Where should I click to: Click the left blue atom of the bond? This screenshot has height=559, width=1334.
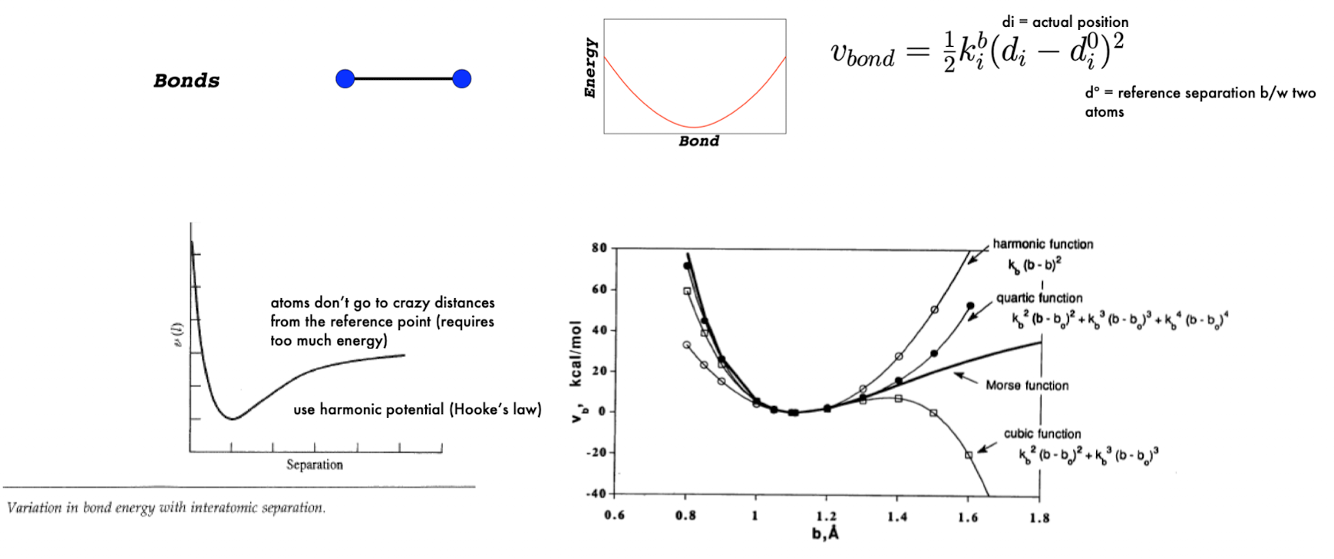click(345, 78)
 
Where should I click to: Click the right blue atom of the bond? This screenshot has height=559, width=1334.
click(461, 78)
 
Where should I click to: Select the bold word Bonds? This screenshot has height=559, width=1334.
click(187, 81)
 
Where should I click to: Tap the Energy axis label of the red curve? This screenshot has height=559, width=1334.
click(590, 68)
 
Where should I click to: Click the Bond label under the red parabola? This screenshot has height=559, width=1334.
click(698, 141)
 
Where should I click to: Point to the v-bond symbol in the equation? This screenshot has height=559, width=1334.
click(862, 54)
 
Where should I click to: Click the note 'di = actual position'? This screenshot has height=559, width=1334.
click(1065, 22)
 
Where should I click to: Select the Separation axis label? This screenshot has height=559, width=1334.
click(315, 465)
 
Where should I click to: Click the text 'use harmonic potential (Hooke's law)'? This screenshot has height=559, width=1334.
click(417, 409)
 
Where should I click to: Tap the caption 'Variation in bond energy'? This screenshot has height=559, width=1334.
click(166, 508)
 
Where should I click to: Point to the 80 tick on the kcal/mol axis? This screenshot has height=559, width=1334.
click(599, 248)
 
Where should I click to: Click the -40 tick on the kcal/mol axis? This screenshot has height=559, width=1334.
click(596, 493)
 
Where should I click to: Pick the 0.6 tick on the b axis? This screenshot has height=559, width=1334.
click(614, 516)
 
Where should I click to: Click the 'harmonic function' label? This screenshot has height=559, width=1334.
click(1042, 244)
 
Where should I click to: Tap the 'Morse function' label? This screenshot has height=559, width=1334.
click(1026, 385)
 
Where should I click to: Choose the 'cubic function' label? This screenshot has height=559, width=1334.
click(1042, 434)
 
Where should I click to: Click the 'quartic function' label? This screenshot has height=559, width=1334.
click(1038, 298)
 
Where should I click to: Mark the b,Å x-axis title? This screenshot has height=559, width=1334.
click(825, 533)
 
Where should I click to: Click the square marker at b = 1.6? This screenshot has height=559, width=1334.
click(969, 455)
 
